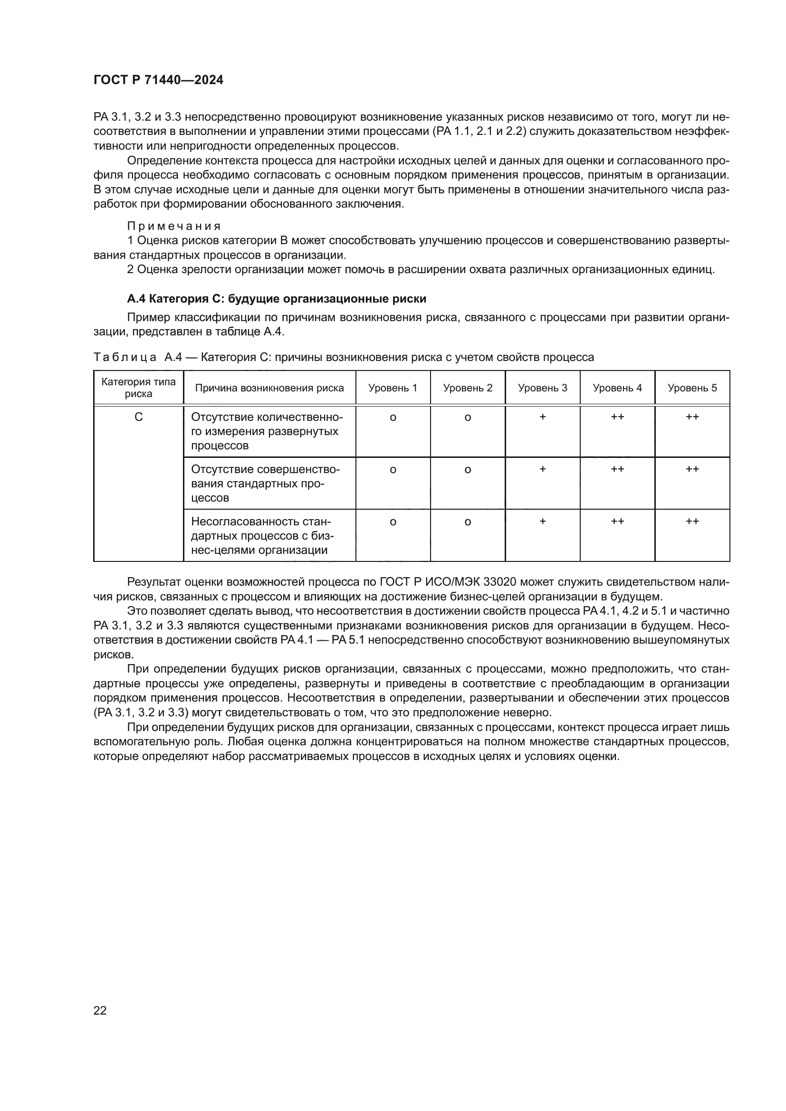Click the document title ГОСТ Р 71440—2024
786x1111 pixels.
pos(158,80)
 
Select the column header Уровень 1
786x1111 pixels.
pos(393,388)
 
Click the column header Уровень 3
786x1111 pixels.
pos(542,388)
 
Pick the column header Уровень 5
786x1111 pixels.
pos(692,388)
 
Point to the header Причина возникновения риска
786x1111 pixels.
pos(269,388)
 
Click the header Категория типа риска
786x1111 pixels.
pos(138,388)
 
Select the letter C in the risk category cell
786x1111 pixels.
pos(138,417)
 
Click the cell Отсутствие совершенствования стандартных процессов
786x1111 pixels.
pos(265,484)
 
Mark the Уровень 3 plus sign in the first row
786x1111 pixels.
pos(543,417)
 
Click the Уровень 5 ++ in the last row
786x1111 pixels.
pos(692,521)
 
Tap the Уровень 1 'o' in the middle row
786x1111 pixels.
pos(393,469)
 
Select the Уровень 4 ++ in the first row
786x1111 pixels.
pos(617,417)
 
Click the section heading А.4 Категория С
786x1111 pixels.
pos(277,299)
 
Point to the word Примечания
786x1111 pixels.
pos(174,226)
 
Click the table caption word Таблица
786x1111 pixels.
pos(125,358)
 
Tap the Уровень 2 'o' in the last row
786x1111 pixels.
pos(468,522)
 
